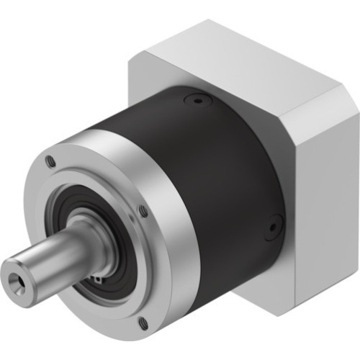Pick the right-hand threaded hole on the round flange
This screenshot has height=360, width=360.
[x=143, y=210]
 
